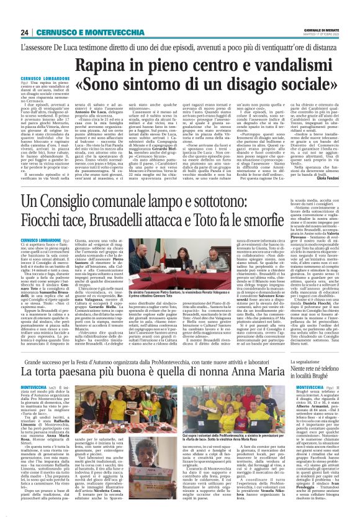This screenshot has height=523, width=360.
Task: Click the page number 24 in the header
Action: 24,32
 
